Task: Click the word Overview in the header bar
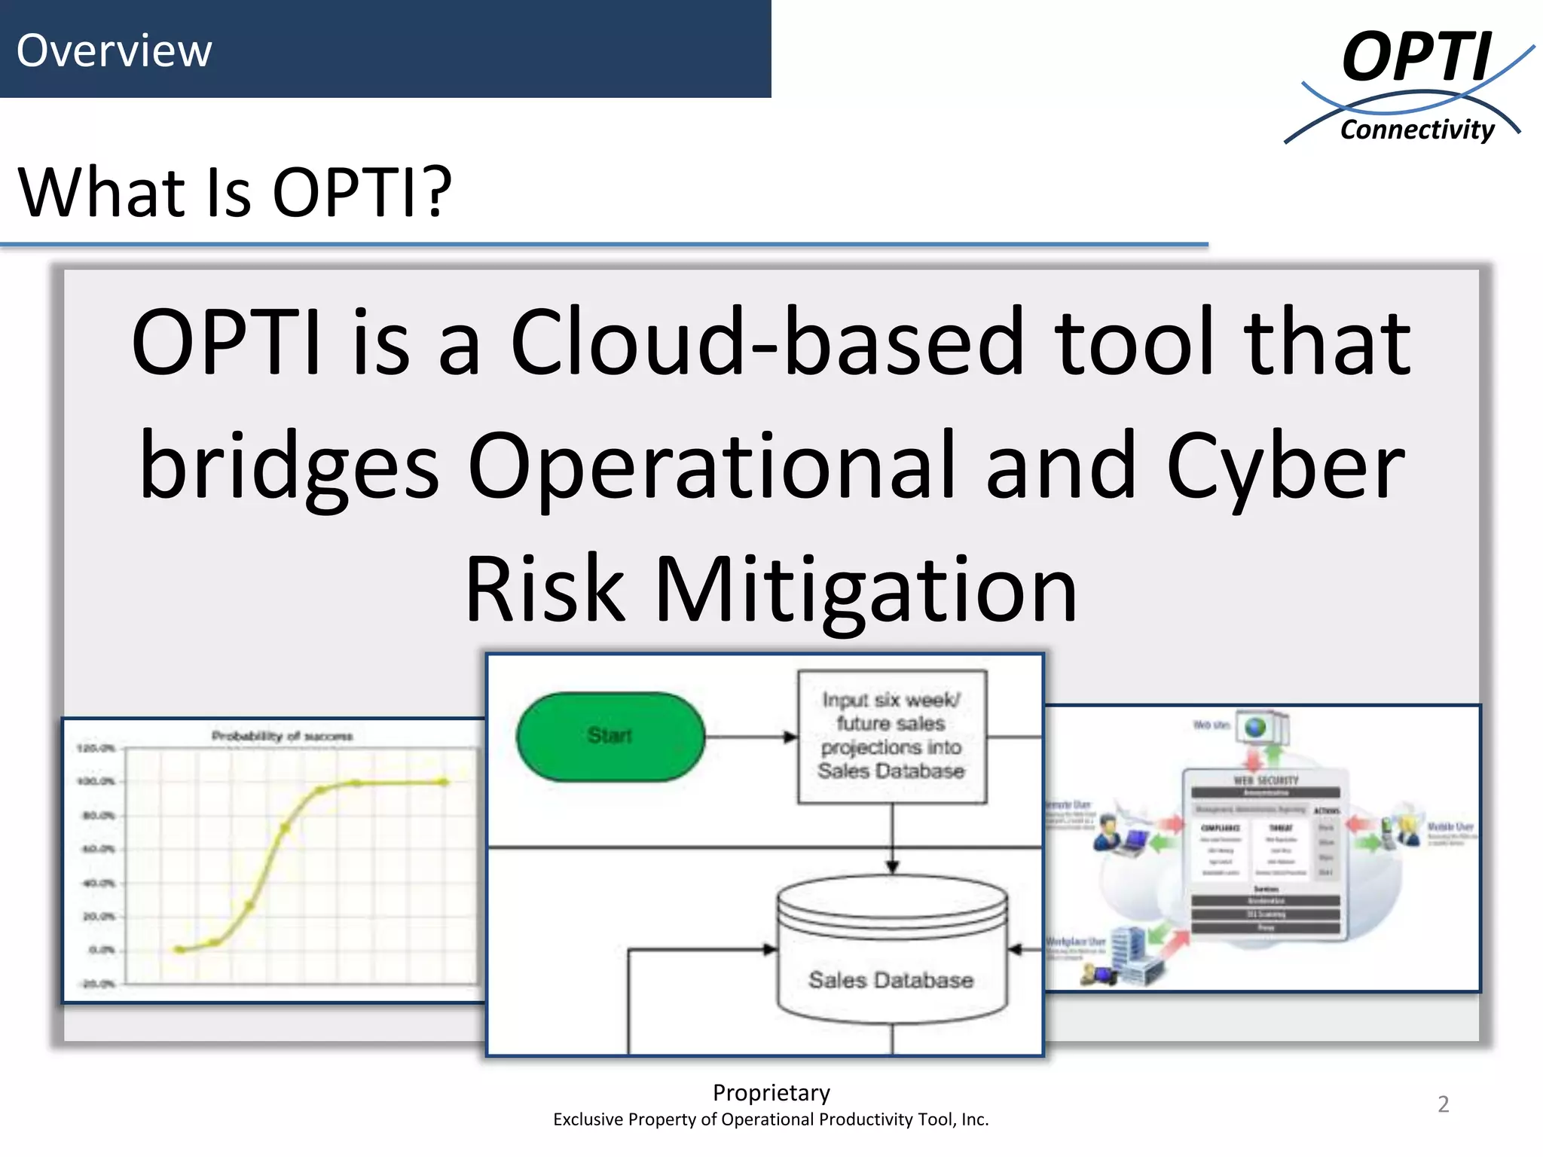114,50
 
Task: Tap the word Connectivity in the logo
1416,130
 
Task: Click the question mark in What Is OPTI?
435,193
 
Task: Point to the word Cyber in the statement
1285,467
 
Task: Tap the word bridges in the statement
289,467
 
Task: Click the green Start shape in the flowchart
610,736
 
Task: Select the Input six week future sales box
891,736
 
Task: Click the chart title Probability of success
282,736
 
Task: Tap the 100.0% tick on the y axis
96,781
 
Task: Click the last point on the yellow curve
445,782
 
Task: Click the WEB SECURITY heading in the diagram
1266,780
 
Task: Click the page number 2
1443,1104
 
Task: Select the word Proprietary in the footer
771,1092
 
